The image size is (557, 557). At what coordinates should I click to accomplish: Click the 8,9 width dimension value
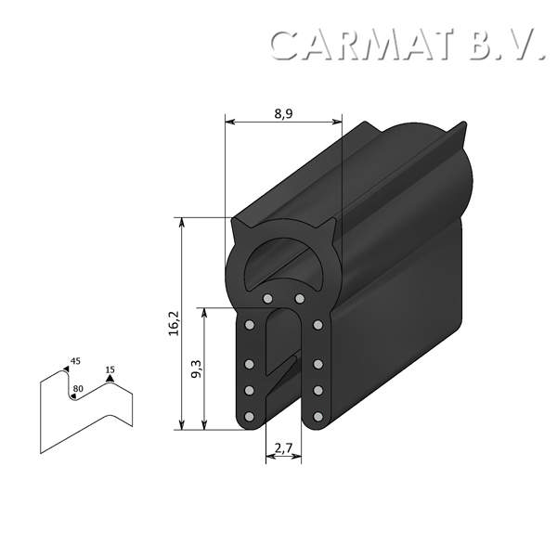pos(284,113)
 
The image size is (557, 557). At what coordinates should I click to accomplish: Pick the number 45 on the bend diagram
pos(76,360)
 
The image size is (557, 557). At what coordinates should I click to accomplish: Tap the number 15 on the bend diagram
pos(110,369)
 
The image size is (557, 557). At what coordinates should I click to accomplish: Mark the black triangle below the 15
pos(110,379)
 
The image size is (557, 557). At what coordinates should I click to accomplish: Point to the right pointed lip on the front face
pos(327,224)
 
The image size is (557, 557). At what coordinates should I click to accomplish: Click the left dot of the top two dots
pos(267,299)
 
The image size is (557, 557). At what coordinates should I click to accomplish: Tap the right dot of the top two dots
pos(299,299)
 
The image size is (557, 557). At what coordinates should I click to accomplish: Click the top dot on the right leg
pos(317,326)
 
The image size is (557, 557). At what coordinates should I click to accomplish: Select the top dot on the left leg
pos(251,326)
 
